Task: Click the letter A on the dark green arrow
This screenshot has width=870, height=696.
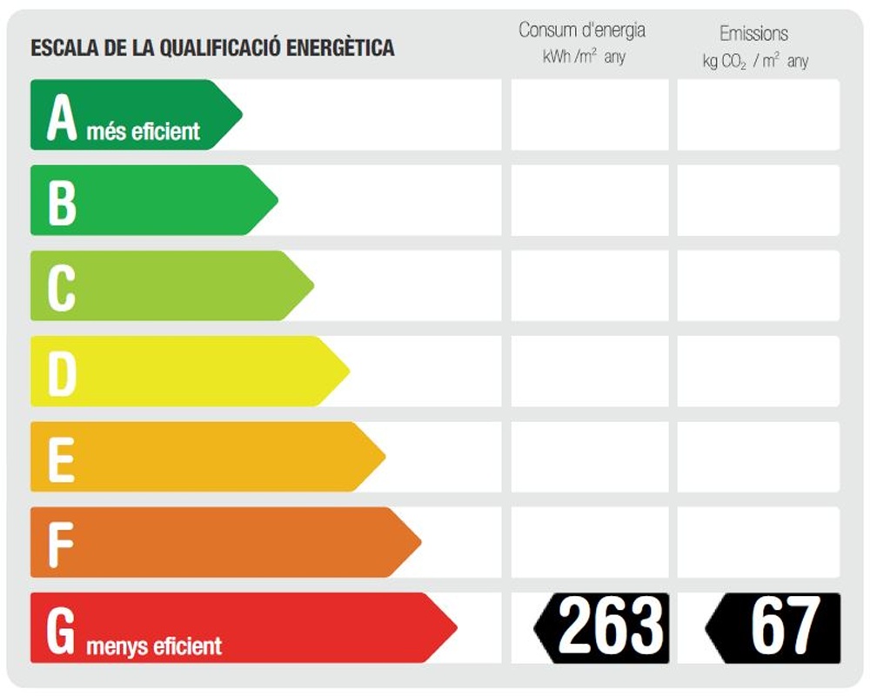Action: click(x=63, y=117)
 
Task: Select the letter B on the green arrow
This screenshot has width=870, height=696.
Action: click(x=62, y=201)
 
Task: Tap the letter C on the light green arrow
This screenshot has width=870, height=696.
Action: click(x=61, y=286)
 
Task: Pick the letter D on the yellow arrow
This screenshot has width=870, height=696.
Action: click(x=62, y=371)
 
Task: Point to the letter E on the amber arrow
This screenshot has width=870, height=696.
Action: click(x=60, y=457)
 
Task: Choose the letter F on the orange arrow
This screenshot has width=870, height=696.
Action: click(x=59, y=542)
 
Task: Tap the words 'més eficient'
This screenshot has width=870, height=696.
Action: click(x=143, y=131)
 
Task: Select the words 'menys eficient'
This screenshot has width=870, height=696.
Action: click(x=155, y=646)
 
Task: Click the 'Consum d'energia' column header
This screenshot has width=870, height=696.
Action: click(x=582, y=30)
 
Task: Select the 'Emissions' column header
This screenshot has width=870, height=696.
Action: click(x=753, y=34)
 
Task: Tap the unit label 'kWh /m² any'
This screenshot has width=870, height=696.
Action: click(x=583, y=58)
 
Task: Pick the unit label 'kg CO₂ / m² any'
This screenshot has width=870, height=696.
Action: click(x=755, y=61)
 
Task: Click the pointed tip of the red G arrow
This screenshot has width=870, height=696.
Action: click(x=455, y=627)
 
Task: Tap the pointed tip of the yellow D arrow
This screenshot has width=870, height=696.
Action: click(x=348, y=371)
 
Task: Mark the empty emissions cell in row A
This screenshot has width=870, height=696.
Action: click(x=758, y=115)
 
